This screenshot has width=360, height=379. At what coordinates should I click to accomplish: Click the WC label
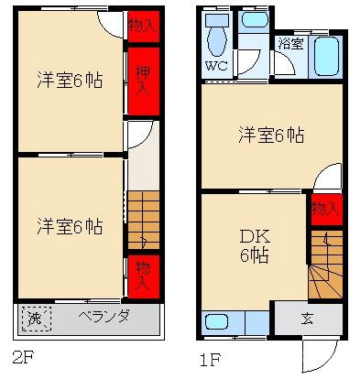click(215, 67)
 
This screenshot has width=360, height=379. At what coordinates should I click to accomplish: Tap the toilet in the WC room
click(217, 38)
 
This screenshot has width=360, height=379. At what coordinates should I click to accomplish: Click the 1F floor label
click(211, 357)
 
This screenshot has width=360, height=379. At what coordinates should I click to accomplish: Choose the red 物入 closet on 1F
click(325, 210)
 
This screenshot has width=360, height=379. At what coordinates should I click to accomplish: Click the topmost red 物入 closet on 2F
click(142, 26)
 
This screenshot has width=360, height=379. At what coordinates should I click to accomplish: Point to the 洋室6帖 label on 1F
click(271, 135)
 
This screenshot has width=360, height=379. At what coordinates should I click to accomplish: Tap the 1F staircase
click(323, 260)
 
